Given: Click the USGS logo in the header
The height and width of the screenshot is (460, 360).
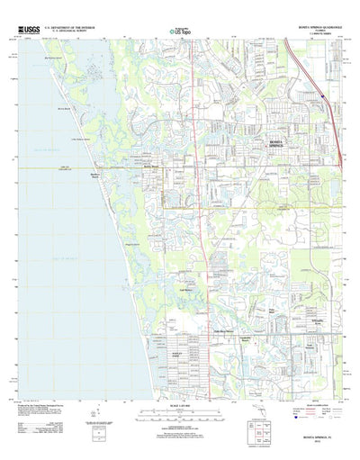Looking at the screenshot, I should click(28, 31).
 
